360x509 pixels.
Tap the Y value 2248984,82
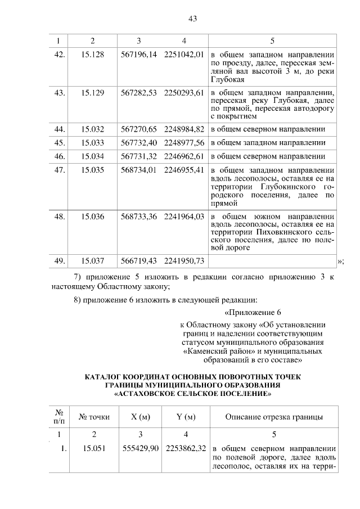(x=184, y=129)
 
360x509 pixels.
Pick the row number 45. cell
(x=59, y=143)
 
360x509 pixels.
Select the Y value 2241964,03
(x=184, y=217)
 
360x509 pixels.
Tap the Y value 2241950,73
(x=184, y=261)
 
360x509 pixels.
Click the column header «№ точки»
(x=94, y=417)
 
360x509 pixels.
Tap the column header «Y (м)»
(x=184, y=417)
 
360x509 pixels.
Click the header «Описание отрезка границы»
(x=273, y=417)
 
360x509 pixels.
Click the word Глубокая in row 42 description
(x=227, y=80)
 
